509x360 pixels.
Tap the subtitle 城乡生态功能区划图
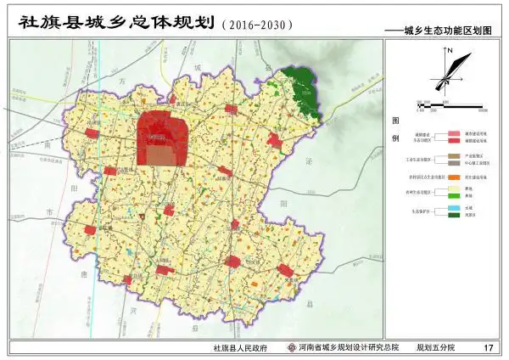(x=450, y=29)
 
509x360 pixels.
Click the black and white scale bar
(x=448, y=105)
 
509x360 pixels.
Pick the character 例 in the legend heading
(x=394, y=138)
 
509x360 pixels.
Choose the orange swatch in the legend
(x=454, y=177)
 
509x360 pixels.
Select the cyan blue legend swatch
(x=454, y=208)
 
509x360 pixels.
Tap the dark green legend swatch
(x=454, y=215)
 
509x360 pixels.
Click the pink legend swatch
(x=454, y=134)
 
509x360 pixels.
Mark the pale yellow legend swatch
(x=454, y=188)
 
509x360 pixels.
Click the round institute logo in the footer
(x=292, y=348)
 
